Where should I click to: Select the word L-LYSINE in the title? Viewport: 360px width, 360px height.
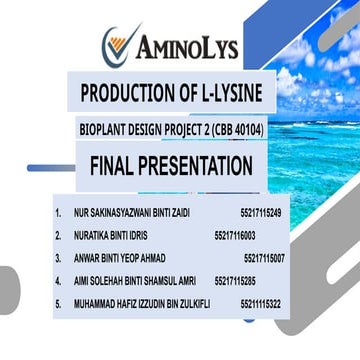pyautogui.click(x=223, y=94)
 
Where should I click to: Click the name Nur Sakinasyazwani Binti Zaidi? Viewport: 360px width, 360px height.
pyautogui.click(x=131, y=213)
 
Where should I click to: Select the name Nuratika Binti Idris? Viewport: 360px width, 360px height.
pyautogui.click(x=111, y=235)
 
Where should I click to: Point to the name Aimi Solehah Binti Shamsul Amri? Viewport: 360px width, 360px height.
pyautogui.click(x=134, y=281)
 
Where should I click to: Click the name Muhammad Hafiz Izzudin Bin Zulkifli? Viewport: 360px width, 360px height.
pyautogui.click(x=141, y=303)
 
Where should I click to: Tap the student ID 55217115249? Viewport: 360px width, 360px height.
pyautogui.click(x=260, y=213)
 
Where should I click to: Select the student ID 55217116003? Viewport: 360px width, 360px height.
pyautogui.click(x=235, y=235)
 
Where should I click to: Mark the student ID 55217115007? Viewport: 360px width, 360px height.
pyautogui.click(x=264, y=258)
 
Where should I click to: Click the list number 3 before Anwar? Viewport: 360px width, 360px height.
pyautogui.click(x=58, y=258)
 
